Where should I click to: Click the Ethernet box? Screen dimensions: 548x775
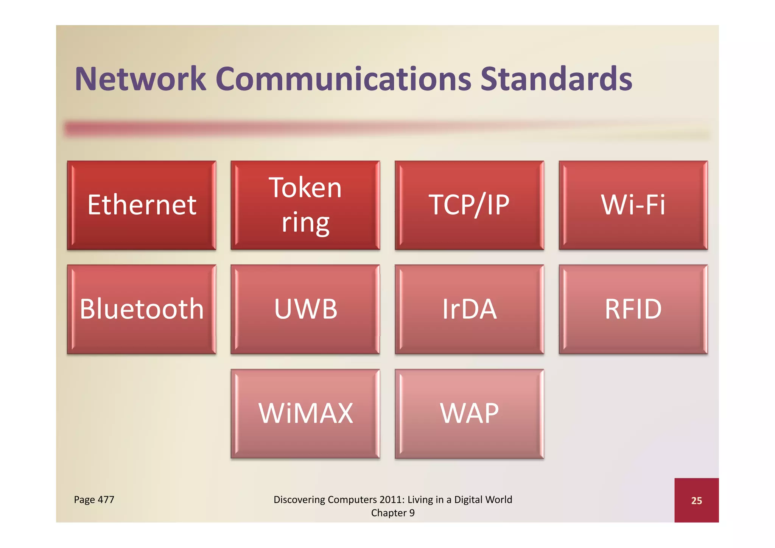[142, 205]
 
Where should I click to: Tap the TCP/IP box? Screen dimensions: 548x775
[469, 205]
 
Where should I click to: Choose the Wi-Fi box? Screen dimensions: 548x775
[633, 205]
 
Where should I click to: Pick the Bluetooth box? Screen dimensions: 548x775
[142, 309]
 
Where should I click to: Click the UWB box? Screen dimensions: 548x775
[305, 309]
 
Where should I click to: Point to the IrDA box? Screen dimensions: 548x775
[469, 309]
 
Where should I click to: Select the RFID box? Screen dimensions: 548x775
[633, 309]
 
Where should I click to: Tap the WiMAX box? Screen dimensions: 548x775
[305, 413]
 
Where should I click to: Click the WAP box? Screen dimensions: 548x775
[469, 413]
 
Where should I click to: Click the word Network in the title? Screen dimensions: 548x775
[140, 79]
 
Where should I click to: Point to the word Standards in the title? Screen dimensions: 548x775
[556, 79]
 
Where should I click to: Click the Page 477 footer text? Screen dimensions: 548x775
[94, 500]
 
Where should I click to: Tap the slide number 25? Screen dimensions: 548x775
[696, 501]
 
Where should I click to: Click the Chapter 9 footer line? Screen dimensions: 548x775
[393, 513]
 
